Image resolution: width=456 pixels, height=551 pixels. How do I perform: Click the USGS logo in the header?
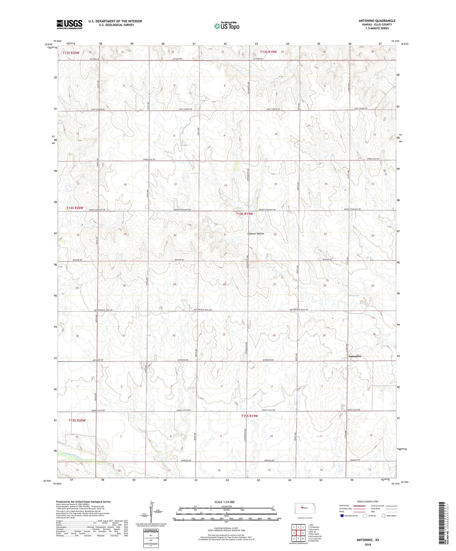tap(69, 24)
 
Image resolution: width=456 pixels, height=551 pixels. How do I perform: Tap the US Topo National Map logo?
tap(226, 26)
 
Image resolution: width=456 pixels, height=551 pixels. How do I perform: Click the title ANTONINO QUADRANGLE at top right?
tap(377, 21)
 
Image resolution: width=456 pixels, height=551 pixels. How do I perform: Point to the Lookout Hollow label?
tap(255, 234)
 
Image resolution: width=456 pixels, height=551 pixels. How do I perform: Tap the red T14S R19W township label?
tap(244, 214)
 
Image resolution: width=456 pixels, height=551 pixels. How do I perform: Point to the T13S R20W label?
tap(71, 53)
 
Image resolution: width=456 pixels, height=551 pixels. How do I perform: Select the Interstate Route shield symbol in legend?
tap(342, 515)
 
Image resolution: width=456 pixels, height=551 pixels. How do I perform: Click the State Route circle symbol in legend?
tap(384, 515)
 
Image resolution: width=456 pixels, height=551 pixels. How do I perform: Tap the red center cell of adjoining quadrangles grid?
tap(298, 533)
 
